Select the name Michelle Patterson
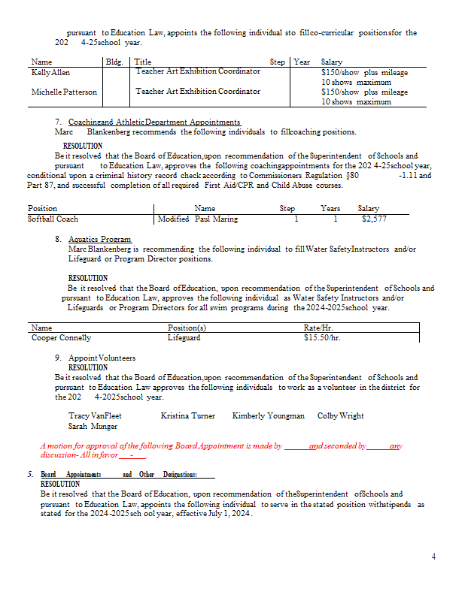click(64, 92)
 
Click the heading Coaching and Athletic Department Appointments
click(154, 122)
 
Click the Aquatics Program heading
click(99, 240)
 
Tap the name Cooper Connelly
click(61, 338)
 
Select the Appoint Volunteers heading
click(102, 358)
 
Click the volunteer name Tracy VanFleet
click(95, 415)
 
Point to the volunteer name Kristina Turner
click(187, 415)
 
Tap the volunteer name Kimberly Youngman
click(268, 415)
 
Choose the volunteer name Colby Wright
click(340, 415)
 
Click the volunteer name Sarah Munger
click(93, 426)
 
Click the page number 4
click(433, 557)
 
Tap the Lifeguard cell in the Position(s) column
click(184, 338)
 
